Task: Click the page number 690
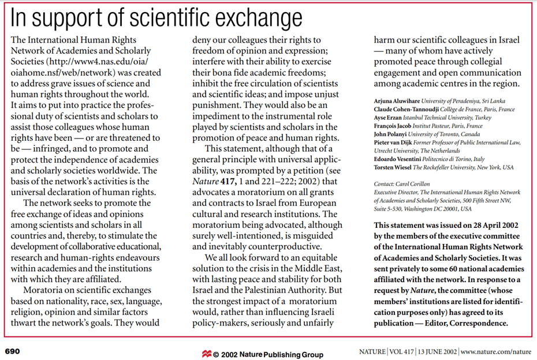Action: point(13,350)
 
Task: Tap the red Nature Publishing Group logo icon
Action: point(206,354)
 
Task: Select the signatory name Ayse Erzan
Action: point(389,118)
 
